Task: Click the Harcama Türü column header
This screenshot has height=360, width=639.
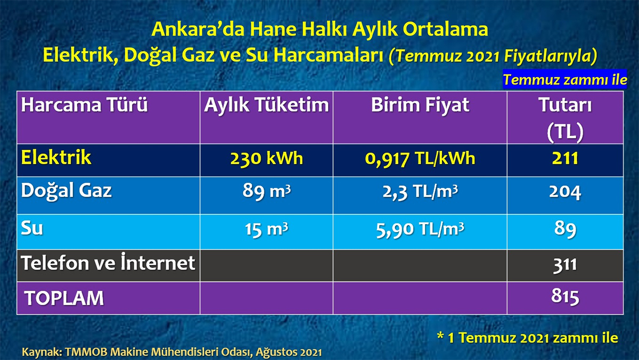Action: click(x=85, y=105)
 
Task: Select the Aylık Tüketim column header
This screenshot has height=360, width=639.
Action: click(x=266, y=105)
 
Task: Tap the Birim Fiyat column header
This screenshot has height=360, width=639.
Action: click(x=420, y=105)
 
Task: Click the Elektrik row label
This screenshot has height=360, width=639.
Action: click(x=56, y=157)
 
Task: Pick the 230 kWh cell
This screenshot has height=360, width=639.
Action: click(x=266, y=158)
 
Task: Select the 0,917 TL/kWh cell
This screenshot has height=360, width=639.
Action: click(x=420, y=159)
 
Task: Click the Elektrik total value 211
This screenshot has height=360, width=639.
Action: click(x=565, y=158)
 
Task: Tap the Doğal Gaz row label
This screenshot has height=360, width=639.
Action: click(x=66, y=191)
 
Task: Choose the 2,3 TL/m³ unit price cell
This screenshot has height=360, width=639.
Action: click(x=420, y=192)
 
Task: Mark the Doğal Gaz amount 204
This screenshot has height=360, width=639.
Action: click(x=565, y=192)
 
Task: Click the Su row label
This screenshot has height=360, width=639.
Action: click(x=32, y=228)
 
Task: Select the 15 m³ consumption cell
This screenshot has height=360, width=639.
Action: click(x=266, y=230)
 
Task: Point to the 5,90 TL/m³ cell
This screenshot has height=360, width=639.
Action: click(x=420, y=230)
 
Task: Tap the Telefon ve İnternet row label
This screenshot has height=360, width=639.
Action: click(x=108, y=262)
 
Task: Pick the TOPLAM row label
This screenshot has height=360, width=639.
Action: click(x=64, y=298)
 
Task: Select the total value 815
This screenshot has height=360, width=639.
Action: click(x=565, y=297)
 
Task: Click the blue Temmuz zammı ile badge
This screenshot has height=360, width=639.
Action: click(x=564, y=79)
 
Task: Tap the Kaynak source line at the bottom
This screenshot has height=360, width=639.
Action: click(x=171, y=352)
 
